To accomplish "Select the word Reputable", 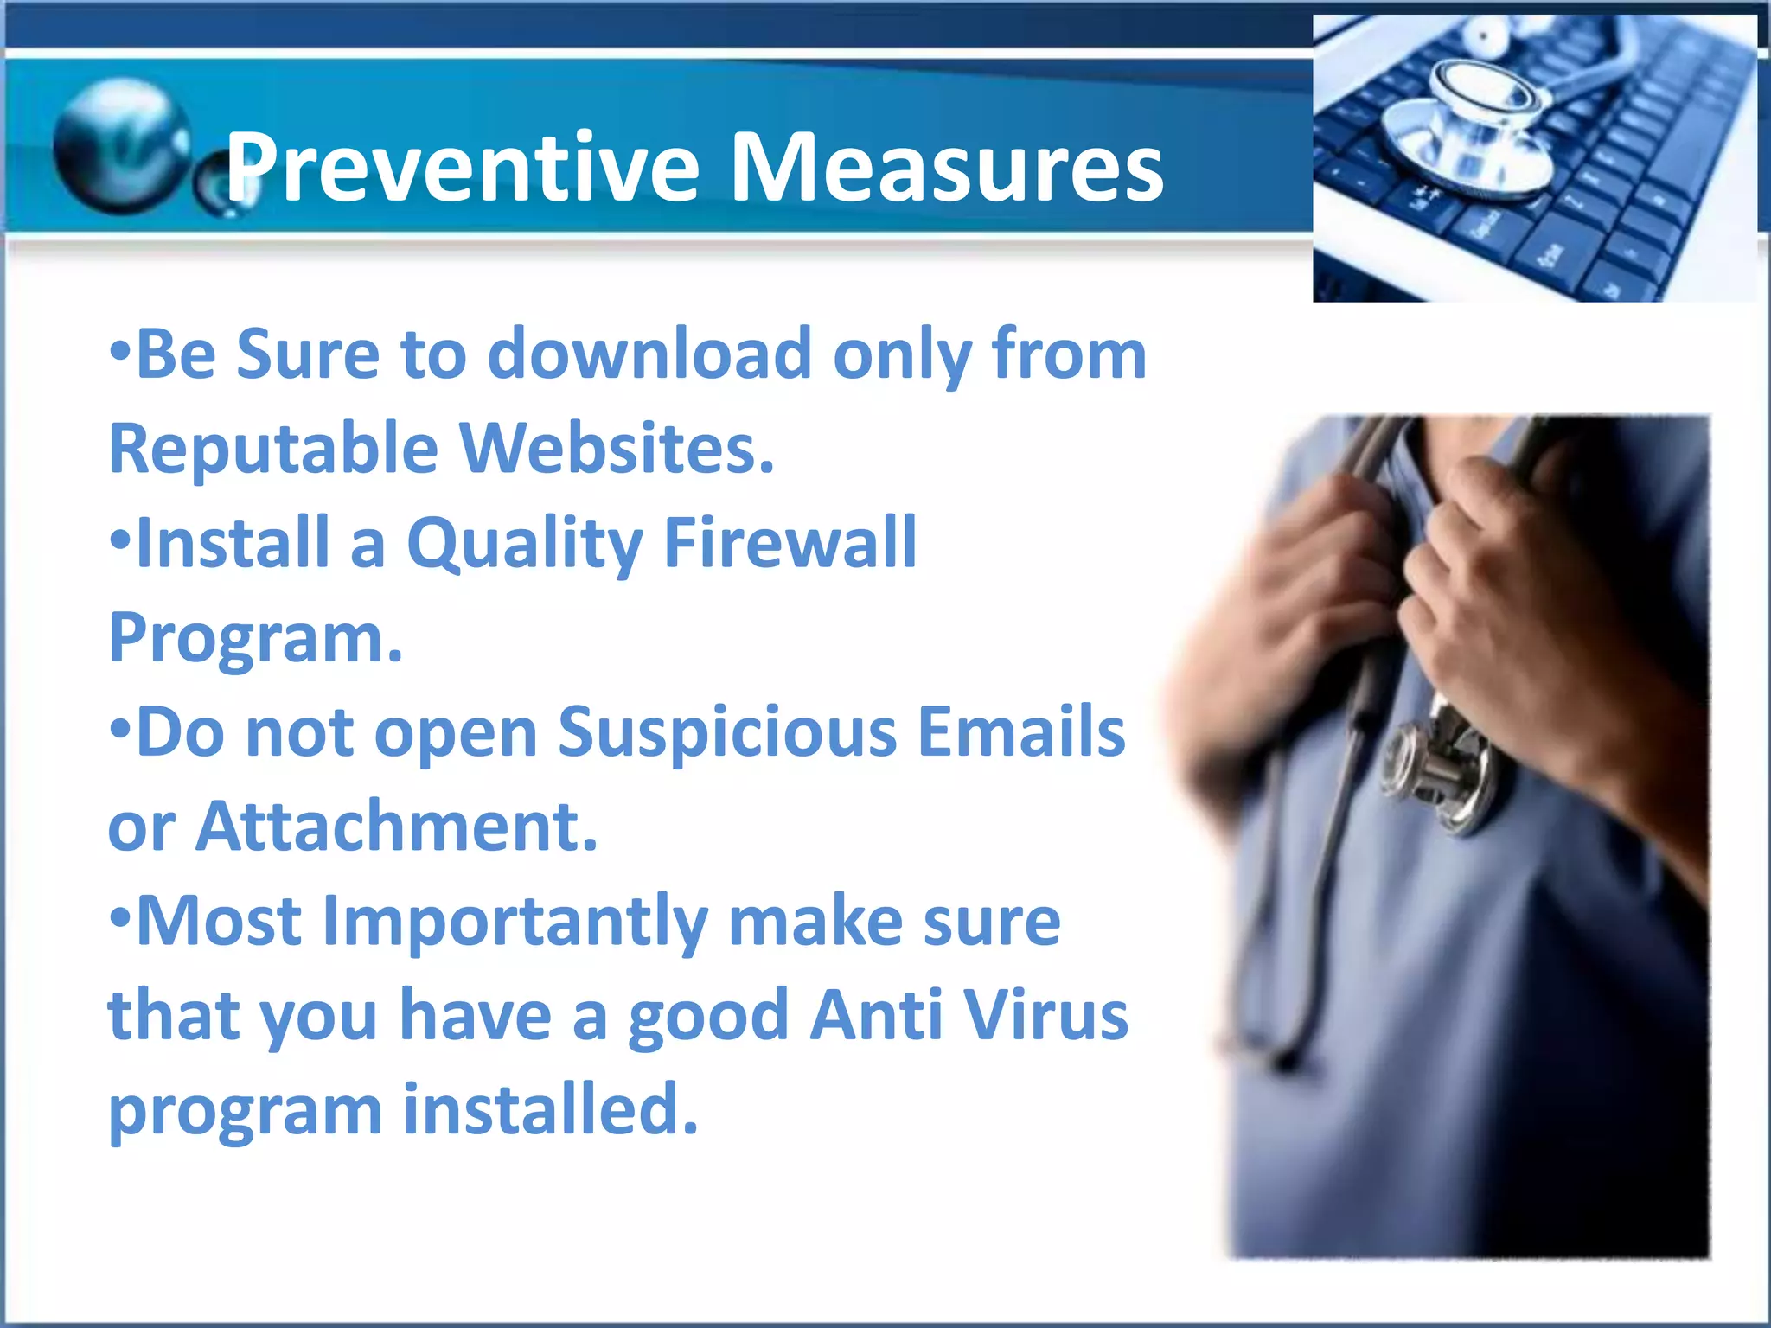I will point(273,450).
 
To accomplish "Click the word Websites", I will point(616,449).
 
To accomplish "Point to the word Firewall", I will point(790,543).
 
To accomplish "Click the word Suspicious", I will point(727,733).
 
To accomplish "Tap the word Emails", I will point(1020,731).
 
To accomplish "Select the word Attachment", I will point(397,827).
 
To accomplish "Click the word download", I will point(649,354).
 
